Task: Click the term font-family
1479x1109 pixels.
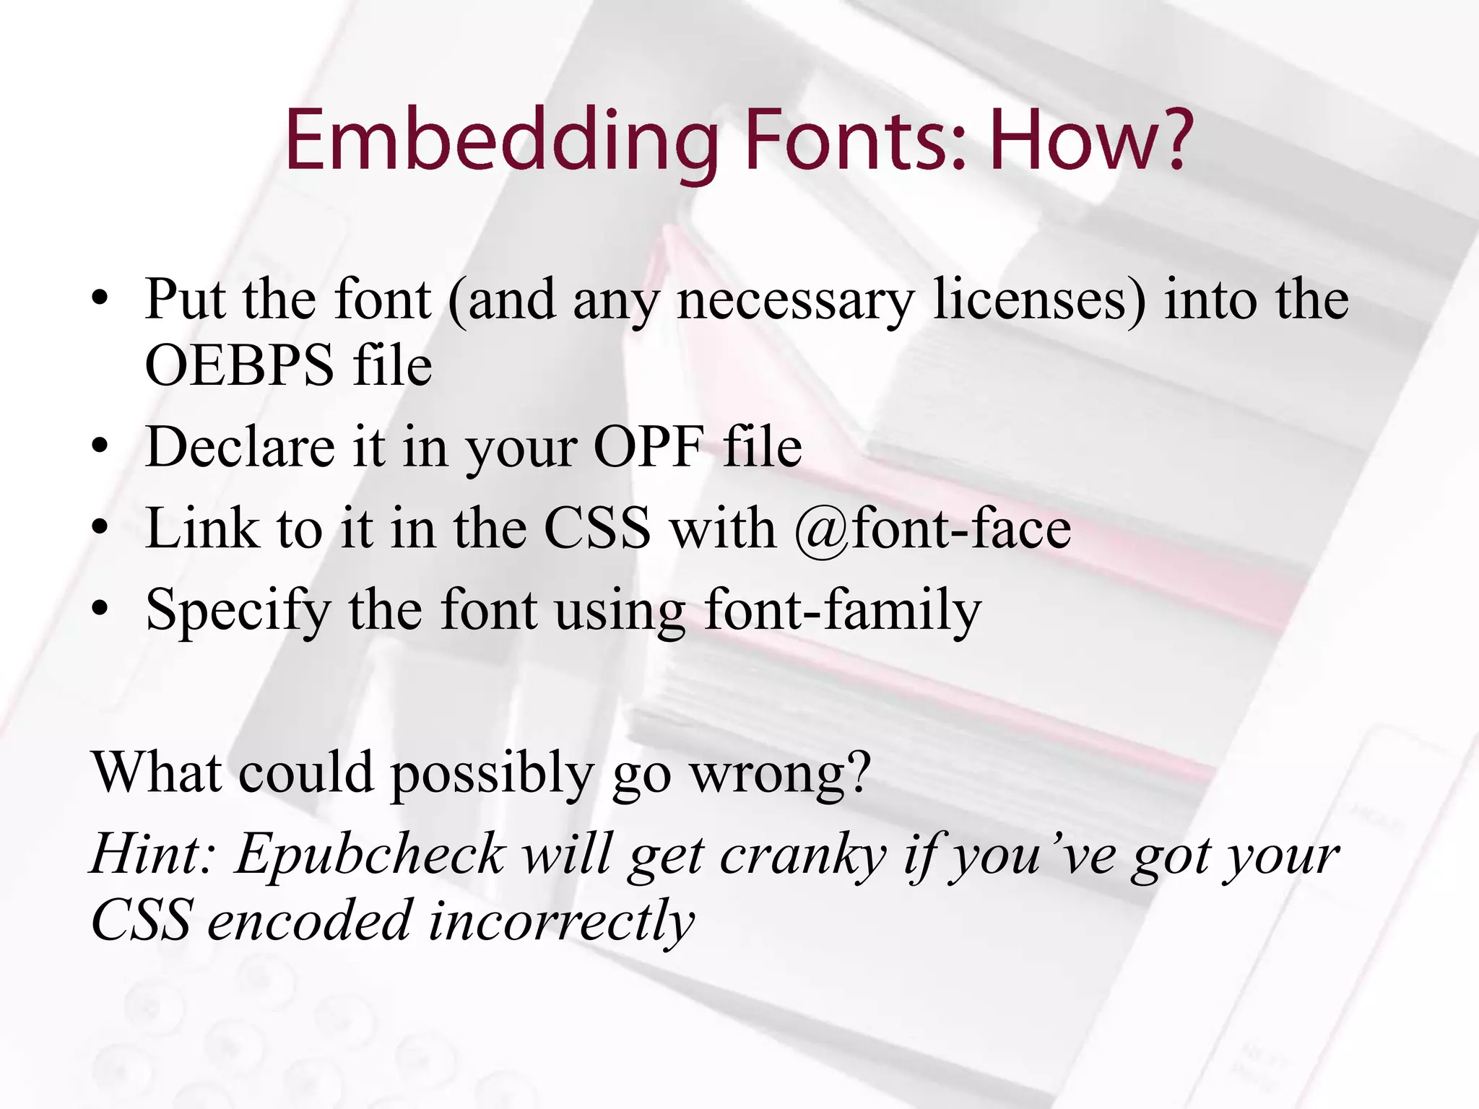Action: [842, 610]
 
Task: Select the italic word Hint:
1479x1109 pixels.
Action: [152, 854]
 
